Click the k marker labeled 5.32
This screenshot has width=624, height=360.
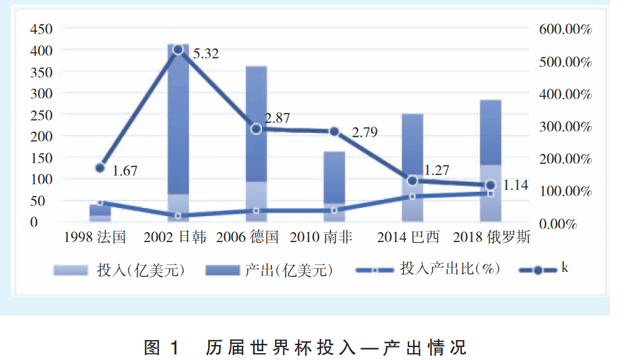178,49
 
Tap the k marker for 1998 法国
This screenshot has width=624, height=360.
100,168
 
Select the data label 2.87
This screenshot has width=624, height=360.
278,119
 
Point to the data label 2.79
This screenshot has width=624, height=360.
364,132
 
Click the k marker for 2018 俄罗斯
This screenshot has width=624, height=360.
490,185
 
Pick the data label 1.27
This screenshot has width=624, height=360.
437,170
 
